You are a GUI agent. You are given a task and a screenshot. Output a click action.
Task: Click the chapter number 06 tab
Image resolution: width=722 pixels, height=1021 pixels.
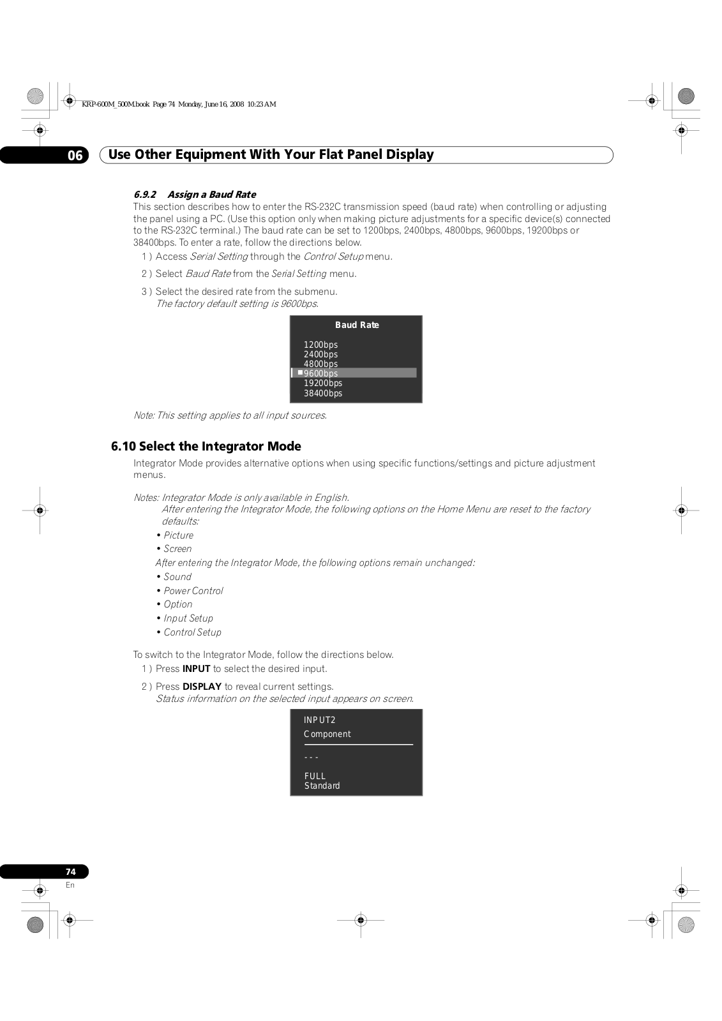click(x=75, y=155)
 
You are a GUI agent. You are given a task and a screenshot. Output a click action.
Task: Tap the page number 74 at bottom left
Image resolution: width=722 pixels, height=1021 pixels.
click(x=70, y=872)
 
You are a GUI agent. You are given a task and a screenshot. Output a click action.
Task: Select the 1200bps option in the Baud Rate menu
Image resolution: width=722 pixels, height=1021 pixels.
click(x=320, y=345)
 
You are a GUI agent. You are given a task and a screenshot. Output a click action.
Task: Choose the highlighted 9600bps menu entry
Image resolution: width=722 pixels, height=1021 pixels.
click(x=320, y=373)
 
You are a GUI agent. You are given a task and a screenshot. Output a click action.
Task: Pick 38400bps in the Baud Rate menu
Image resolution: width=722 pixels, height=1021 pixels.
click(x=323, y=393)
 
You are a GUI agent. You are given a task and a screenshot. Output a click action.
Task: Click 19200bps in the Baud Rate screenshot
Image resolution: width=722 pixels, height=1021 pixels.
click(x=323, y=383)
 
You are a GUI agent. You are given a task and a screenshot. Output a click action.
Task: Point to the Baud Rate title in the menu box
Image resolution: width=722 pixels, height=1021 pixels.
click(x=357, y=325)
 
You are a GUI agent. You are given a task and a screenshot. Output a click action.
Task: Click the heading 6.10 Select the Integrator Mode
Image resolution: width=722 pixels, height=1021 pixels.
click(x=206, y=446)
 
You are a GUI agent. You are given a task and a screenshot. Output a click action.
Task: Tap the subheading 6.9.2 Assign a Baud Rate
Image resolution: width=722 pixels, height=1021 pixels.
click(x=195, y=195)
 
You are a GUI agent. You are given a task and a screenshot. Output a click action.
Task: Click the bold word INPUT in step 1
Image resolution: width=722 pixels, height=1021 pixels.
click(x=196, y=669)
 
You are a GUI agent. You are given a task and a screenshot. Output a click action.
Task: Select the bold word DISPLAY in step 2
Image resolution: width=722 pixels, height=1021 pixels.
click(x=202, y=687)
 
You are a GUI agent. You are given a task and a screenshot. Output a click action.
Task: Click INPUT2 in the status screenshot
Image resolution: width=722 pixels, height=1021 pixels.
click(x=319, y=720)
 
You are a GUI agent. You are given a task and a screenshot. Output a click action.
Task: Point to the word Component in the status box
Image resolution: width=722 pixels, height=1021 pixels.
click(x=327, y=734)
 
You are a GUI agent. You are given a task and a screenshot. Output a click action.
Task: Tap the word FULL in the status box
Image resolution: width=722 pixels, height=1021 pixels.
click(x=315, y=776)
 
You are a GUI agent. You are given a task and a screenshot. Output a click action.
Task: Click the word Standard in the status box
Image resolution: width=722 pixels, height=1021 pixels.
click(x=322, y=786)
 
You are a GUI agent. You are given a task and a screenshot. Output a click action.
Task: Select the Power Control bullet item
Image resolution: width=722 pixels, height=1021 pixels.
click(x=193, y=591)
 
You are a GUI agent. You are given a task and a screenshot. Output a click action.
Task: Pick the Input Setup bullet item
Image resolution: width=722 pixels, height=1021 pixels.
click(x=188, y=618)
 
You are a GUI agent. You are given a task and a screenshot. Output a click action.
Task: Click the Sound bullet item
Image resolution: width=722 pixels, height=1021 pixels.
click(x=177, y=577)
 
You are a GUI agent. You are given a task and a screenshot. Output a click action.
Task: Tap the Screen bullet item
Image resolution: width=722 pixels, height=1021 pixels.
click(x=177, y=549)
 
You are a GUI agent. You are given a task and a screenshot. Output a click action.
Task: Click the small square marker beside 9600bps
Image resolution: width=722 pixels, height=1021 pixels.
click(x=300, y=372)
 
